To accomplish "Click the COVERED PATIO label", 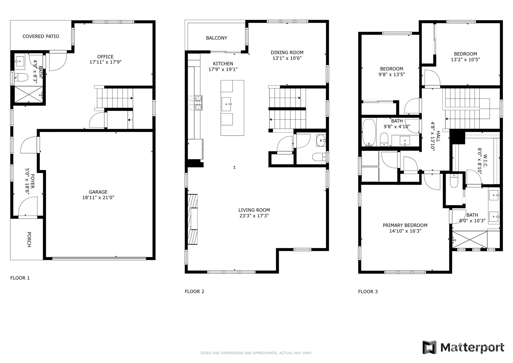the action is [x=41, y=36].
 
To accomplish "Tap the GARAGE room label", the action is [x=98, y=192].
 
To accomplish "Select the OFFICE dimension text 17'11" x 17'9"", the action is [x=106, y=62].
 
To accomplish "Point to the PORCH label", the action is [x=29, y=240].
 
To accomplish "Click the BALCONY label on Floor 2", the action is [x=217, y=38].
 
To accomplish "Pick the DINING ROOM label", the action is [x=287, y=52].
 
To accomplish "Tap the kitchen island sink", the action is [x=226, y=104].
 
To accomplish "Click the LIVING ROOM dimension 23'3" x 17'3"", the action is [x=254, y=215].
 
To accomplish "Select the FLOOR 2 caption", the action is [x=194, y=292].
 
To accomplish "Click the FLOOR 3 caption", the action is [x=368, y=292].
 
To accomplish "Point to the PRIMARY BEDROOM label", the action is [x=405, y=225].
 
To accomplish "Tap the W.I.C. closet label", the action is [x=485, y=161].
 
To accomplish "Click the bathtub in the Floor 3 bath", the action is [x=369, y=133].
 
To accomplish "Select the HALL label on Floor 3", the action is [x=438, y=136].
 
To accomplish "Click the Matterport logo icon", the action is [x=430, y=347].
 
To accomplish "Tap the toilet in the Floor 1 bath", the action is [x=21, y=77].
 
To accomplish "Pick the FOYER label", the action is [x=32, y=181].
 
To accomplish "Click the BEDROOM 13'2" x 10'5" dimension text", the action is [x=466, y=60].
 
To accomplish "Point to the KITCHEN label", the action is [x=223, y=64].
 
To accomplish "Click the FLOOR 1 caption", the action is [x=20, y=278].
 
